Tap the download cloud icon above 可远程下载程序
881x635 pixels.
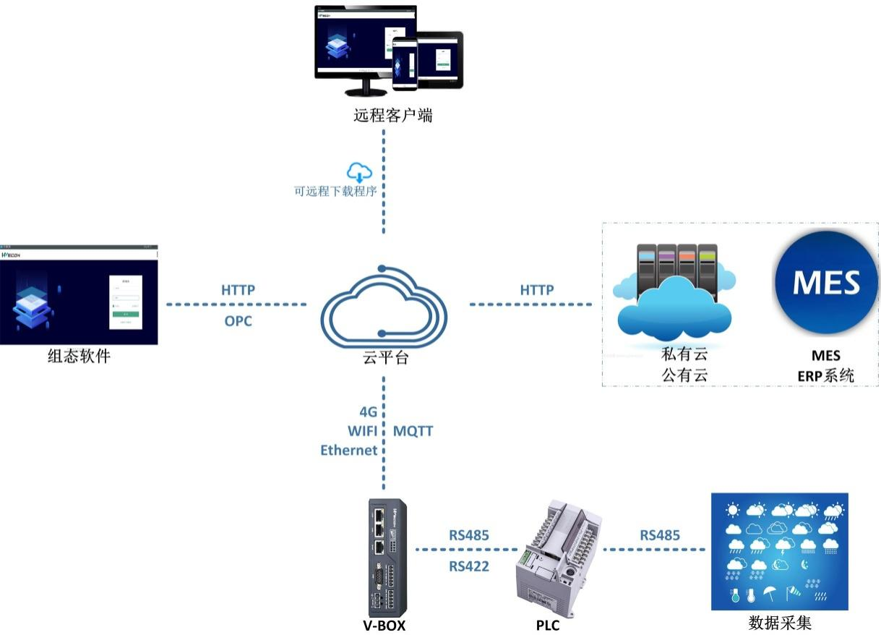coord(359,173)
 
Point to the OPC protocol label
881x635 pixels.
coord(238,320)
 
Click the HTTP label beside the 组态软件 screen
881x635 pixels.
coord(238,290)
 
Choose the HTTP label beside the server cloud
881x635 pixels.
coord(537,290)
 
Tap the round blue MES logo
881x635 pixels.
coord(826,283)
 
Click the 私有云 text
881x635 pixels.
coord(684,356)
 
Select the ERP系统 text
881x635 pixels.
coord(825,375)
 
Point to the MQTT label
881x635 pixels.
coord(413,432)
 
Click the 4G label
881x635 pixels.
coord(368,413)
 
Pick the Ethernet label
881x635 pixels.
coord(349,451)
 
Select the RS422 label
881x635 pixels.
coord(468,566)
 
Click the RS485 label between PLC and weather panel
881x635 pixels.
coord(659,536)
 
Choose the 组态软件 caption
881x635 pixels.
coord(79,355)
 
